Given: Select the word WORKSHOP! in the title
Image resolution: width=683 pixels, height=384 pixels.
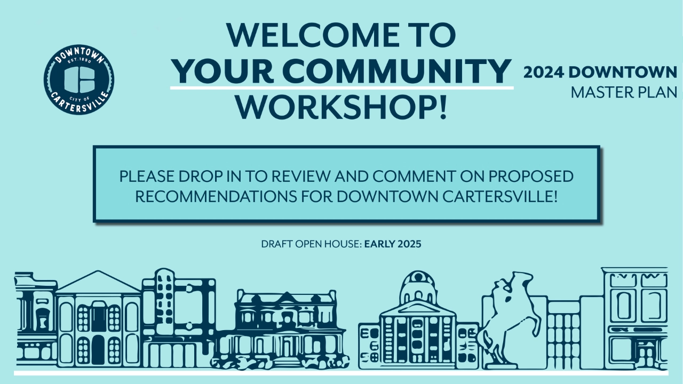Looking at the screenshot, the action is (x=341, y=108).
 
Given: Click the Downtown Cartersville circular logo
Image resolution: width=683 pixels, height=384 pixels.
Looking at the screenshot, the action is (x=79, y=79).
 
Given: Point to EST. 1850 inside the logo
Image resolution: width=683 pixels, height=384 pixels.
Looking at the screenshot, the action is (x=79, y=61).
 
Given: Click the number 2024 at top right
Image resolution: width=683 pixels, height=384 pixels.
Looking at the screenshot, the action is (x=543, y=73).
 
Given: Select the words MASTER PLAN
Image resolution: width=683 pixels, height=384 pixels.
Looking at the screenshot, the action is (x=624, y=93).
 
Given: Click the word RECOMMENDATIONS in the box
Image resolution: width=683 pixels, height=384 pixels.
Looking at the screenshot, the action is (x=216, y=197).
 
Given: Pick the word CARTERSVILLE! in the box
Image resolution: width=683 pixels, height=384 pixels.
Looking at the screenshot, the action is (x=500, y=197).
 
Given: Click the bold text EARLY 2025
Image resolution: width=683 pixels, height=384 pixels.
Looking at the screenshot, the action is (x=393, y=244).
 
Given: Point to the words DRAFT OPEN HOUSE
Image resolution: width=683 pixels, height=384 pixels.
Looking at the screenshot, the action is (x=311, y=244).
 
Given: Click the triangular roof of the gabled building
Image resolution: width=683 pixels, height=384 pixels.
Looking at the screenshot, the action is (x=98, y=282).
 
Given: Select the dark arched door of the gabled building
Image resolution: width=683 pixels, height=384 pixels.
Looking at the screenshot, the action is (x=98, y=349).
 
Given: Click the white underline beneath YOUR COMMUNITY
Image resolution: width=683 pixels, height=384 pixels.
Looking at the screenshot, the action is (x=342, y=88).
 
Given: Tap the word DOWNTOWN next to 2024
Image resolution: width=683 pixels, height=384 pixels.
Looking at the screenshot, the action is (x=623, y=73).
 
